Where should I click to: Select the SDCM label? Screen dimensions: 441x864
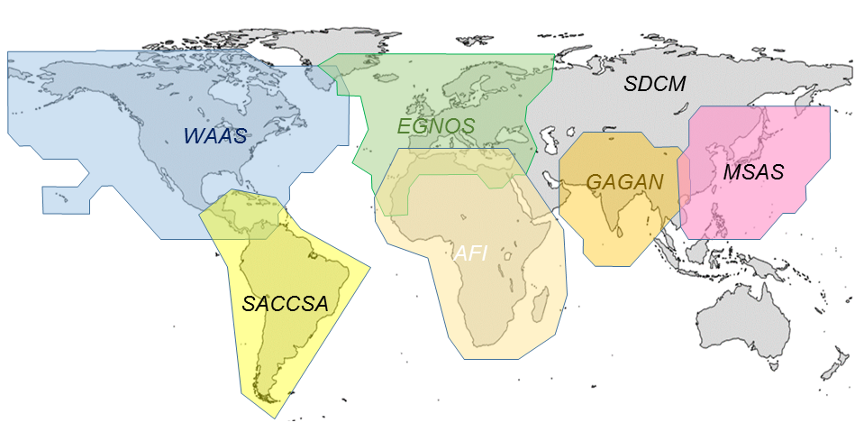pyautogui.click(x=655, y=85)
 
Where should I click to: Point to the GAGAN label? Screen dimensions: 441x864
pyautogui.click(x=624, y=181)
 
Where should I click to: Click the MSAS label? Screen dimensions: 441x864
pyautogui.click(x=754, y=171)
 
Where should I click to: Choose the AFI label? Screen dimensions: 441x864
pyautogui.click(x=470, y=253)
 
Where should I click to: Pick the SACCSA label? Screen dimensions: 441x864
pyautogui.click(x=285, y=303)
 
